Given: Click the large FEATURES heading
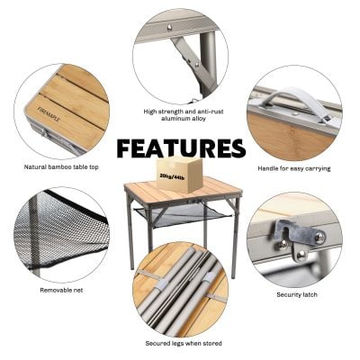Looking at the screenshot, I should click(x=180, y=148).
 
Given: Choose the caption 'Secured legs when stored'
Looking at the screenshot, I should click(x=184, y=343).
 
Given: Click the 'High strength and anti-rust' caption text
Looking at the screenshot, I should click(x=184, y=112).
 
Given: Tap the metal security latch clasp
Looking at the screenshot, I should click(x=301, y=235).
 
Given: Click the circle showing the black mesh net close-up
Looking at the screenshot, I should click(x=61, y=234).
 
